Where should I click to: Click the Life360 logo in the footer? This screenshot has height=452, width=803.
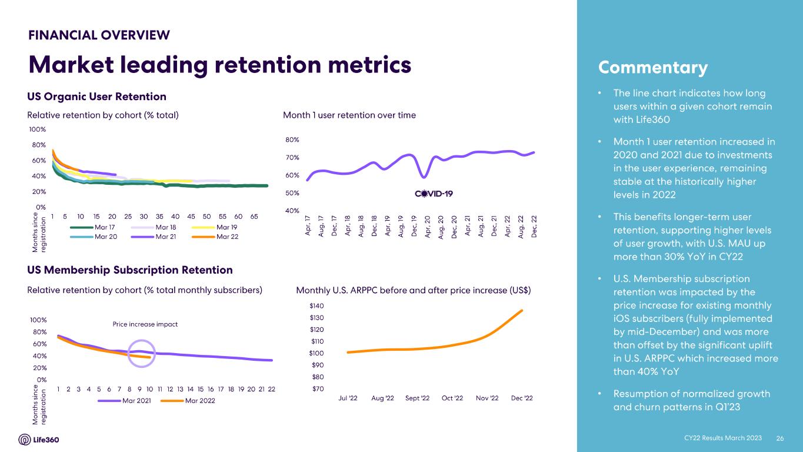pyautogui.click(x=39, y=440)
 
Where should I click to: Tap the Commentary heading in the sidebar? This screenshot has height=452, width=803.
pyautogui.click(x=652, y=68)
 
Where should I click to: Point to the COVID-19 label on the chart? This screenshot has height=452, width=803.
pyautogui.click(x=434, y=194)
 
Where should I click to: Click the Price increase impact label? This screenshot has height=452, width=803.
pyautogui.click(x=145, y=324)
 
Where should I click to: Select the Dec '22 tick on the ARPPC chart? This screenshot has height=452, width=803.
pyautogui.click(x=522, y=398)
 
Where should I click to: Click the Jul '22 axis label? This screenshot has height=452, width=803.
pyautogui.click(x=348, y=398)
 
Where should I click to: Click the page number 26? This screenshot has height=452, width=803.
pyautogui.click(x=781, y=438)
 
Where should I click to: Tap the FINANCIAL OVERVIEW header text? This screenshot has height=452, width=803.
pyautogui.click(x=99, y=35)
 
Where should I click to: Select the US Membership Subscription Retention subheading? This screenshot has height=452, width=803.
pyautogui.click(x=130, y=270)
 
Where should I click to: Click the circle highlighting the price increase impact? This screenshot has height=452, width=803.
pyautogui.click(x=142, y=354)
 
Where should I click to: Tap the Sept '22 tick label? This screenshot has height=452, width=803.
pyautogui.click(x=418, y=398)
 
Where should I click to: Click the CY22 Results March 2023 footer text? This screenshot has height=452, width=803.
pyautogui.click(x=722, y=438)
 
